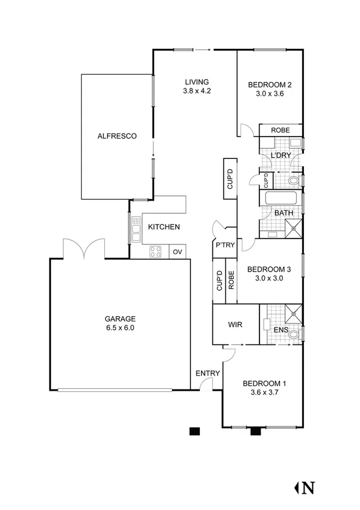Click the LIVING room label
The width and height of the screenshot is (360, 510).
click(196, 82)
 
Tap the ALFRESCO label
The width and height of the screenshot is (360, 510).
click(117, 136)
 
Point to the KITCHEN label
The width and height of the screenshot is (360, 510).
click(164, 227)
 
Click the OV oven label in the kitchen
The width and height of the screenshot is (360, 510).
click(178, 252)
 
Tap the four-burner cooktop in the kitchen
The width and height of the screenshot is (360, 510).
click(155, 252)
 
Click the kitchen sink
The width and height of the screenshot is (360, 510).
click(136, 229)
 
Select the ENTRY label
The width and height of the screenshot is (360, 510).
click(208, 373)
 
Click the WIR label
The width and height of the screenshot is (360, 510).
click(235, 325)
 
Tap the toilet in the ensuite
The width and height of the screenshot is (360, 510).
click(294, 334)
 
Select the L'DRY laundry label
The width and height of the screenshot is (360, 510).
click(281, 155)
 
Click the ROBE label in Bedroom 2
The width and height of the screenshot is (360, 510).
click(280, 130)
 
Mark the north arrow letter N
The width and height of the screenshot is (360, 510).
click(309, 487)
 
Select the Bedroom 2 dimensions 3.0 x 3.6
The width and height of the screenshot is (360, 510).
click(270, 93)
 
